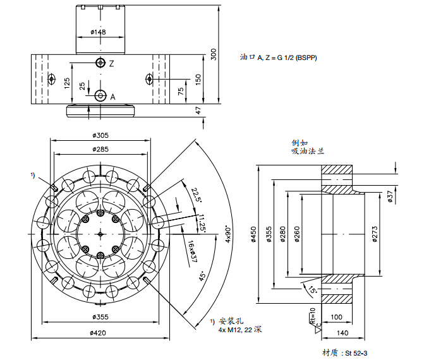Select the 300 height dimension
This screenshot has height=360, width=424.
(214, 54)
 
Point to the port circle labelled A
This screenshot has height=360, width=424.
(100, 95)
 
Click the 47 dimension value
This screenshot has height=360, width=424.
(198, 111)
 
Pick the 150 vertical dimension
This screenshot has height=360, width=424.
(198, 78)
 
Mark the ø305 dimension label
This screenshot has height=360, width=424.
(102, 135)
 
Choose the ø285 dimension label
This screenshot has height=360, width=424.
(102, 149)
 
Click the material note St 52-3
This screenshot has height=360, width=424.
(344, 352)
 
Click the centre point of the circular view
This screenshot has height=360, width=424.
(100, 234)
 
